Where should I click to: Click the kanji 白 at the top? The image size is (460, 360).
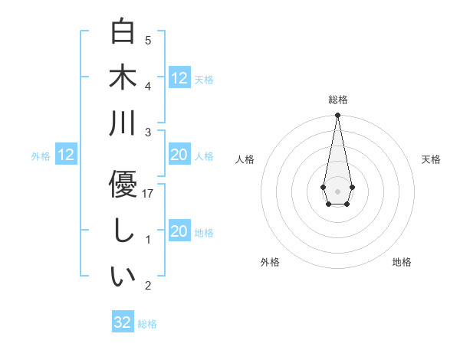click(x=123, y=31)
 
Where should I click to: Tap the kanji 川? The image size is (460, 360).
click(x=123, y=123)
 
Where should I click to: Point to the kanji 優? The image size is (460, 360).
click(x=123, y=185)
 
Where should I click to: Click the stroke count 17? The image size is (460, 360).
click(x=149, y=194)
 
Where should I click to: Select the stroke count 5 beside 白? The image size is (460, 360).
click(x=148, y=41)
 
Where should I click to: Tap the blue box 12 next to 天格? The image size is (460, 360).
click(x=179, y=77)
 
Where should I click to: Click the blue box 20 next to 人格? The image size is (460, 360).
click(x=179, y=155)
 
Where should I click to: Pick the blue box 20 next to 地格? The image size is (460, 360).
click(x=179, y=231)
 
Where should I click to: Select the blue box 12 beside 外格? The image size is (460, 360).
click(x=66, y=155)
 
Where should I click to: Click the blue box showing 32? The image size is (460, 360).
click(x=123, y=322)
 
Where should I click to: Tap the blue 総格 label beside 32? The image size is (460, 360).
click(x=147, y=324)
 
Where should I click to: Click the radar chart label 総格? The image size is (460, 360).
click(x=337, y=100)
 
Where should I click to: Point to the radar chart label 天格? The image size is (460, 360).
click(x=432, y=159)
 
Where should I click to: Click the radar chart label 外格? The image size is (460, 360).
click(x=270, y=262)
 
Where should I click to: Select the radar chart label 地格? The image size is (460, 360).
click(x=402, y=262)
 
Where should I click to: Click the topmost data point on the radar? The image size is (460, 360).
click(x=337, y=116)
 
